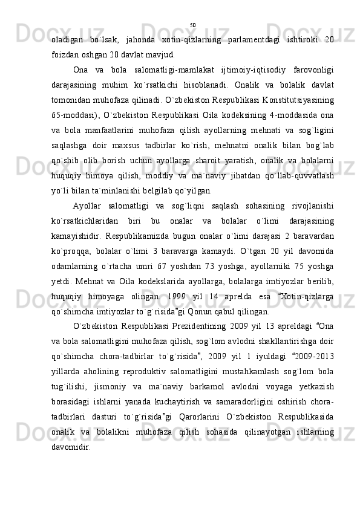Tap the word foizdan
[65, 54]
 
